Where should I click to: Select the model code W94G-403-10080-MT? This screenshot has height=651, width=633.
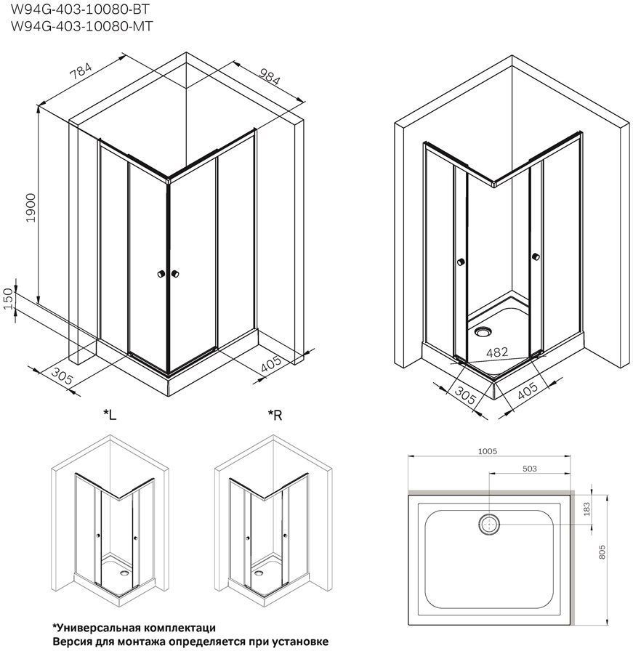coord(82,26)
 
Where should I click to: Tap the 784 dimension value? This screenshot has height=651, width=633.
coord(80,70)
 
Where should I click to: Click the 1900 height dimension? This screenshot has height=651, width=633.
coord(31,208)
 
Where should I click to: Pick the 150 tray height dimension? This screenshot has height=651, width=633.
coord(9,299)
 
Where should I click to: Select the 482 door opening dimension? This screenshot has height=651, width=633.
coord(497,352)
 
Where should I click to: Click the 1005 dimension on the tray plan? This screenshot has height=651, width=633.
coord(487,451)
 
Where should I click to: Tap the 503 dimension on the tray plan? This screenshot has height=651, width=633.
coord(529,469)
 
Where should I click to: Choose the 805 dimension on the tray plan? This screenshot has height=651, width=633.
coord(602,552)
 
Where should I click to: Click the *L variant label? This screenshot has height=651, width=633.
coord(110,414)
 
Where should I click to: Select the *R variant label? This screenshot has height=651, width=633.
coord(275,414)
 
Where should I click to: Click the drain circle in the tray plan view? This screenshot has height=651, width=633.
coord(490,524)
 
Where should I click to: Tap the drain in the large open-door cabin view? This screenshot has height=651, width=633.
coord(483,331)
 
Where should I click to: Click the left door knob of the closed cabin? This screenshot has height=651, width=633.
coord(161,274)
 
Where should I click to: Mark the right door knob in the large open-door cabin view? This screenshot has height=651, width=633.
coord(536,257)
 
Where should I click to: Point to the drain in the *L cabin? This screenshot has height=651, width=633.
coord(124,573)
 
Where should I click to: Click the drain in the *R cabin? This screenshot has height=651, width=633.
coord(259,573)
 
